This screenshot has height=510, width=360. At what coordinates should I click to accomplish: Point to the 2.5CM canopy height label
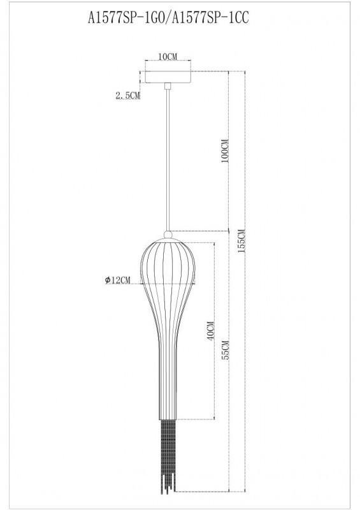[x=127, y=96]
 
